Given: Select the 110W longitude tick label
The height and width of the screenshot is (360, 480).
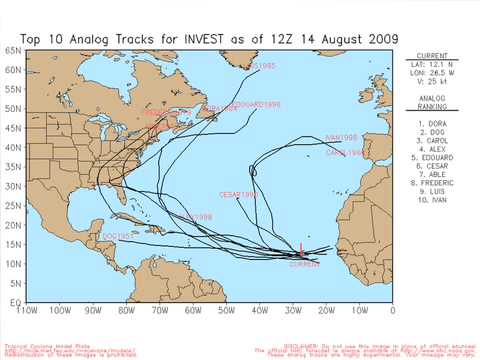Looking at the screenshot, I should pos(27,311).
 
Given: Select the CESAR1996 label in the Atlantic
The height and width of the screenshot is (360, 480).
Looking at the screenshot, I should pos(238,194).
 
